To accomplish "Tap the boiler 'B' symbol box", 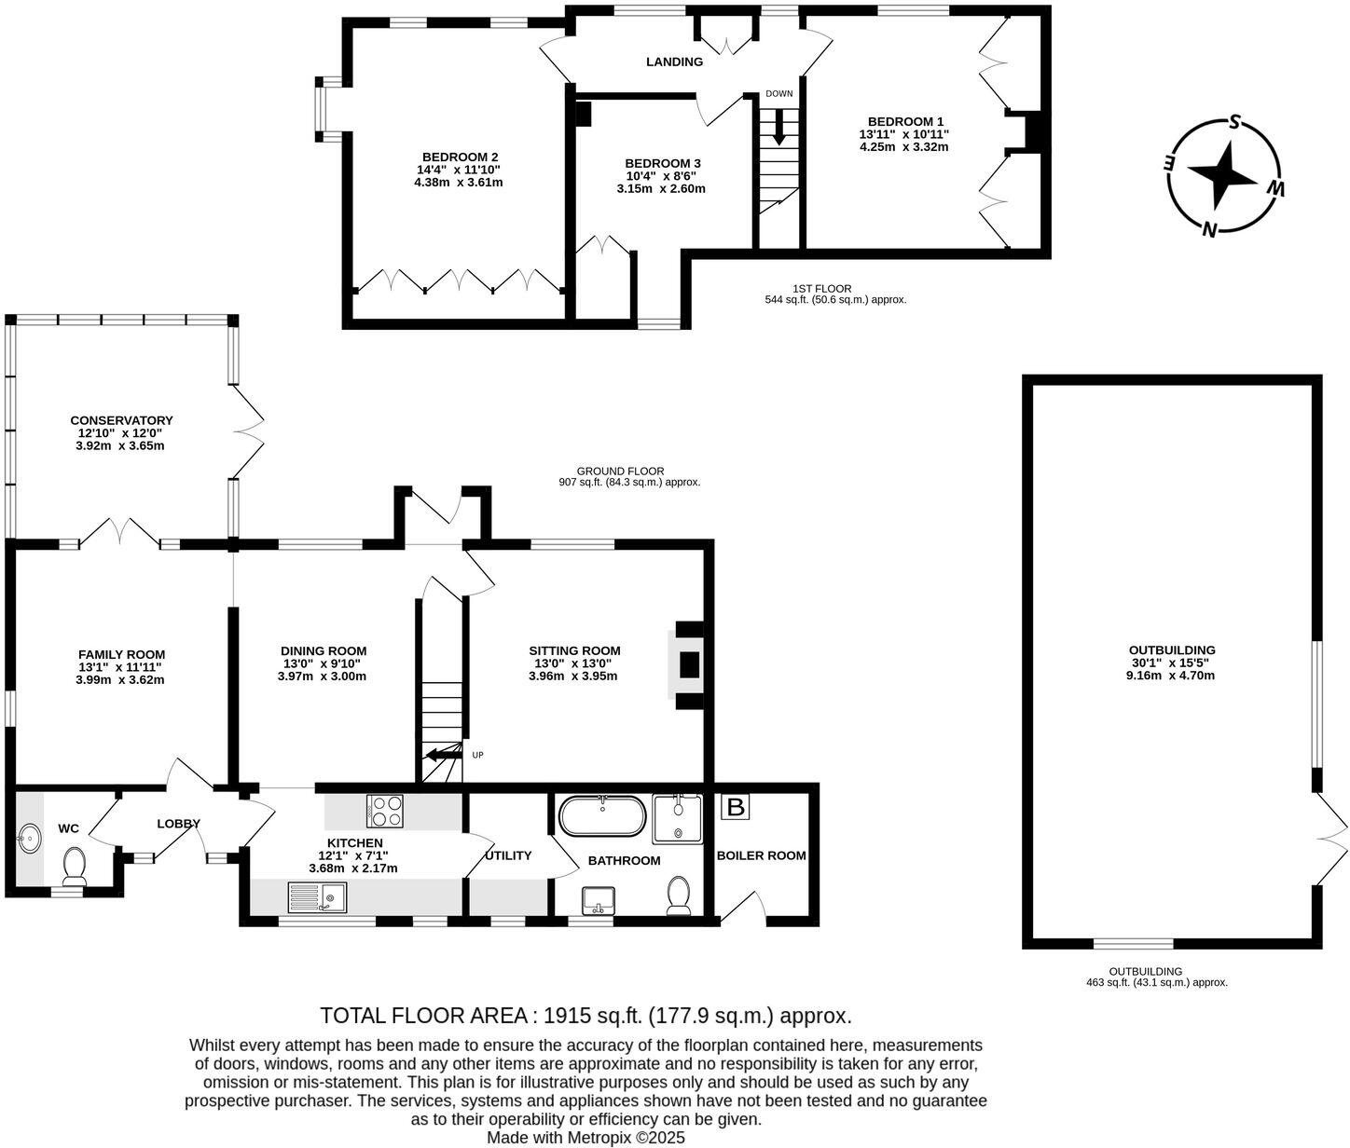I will [736, 807].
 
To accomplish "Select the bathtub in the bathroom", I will [602, 816].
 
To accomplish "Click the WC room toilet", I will [74, 866].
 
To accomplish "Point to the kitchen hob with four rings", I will [387, 810].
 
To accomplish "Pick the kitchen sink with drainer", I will [316, 898].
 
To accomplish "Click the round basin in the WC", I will [29, 839].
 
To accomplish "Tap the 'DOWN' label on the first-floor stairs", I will [778, 94].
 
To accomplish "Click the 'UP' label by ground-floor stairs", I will [477, 755].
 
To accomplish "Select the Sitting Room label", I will [574, 650].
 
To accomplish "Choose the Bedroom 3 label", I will [662, 163].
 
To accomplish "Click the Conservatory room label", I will [121, 420].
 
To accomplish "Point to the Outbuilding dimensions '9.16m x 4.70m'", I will [1171, 676].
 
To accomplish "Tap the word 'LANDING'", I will [674, 62].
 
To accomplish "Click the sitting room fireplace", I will [688, 664].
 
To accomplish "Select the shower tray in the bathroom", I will [676, 817].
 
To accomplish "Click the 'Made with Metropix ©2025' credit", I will [585, 1138].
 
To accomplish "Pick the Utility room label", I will [508, 855].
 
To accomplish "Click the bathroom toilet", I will [679, 895].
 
